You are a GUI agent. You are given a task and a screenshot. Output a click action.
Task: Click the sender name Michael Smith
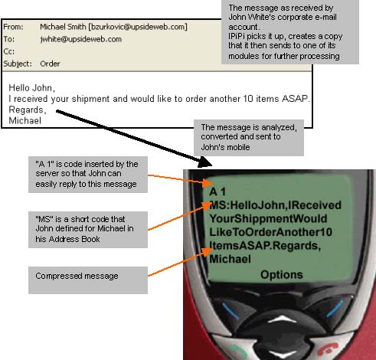pos(63,27)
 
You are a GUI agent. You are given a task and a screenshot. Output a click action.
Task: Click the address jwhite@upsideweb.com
pos(81,39)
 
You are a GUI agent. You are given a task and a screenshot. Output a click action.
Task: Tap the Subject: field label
pos(18,64)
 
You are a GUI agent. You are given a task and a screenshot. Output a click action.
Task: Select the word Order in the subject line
pos(50,64)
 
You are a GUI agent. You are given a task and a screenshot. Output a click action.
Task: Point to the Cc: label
pos(8,51)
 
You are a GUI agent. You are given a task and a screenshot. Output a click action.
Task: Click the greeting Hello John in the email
pos(31,88)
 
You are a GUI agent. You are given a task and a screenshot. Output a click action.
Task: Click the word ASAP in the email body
pos(295,99)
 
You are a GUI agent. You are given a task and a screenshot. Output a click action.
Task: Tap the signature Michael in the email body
pos(25,120)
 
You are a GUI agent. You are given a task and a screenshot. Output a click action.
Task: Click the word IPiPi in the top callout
pos(237,37)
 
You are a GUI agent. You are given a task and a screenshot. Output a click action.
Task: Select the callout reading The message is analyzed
pos(249,138)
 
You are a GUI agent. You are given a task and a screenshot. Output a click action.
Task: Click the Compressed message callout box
pos(88,280)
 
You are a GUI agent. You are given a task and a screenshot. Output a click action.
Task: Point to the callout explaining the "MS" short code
pos(88,230)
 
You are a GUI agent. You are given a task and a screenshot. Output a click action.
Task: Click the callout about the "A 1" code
pos(88,175)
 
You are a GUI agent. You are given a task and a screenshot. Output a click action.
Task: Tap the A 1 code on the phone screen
pos(217,191)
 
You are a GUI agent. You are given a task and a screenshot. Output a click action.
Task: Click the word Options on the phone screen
pos(282,275)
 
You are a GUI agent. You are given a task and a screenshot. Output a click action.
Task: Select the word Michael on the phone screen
pos(230,259)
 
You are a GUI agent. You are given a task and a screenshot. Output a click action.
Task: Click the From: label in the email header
pos(13,27)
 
